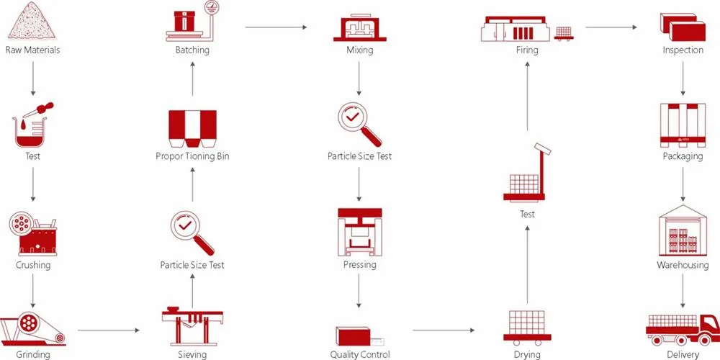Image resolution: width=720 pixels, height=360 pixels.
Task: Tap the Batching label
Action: coord(192,50)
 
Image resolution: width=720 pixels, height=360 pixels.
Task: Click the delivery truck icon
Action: coord(683,327)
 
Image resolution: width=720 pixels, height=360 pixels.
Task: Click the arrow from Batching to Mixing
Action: coord(276,27)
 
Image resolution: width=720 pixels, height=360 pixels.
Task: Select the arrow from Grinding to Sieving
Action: coord(108,330)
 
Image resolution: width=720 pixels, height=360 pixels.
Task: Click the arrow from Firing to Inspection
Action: coord(612,27)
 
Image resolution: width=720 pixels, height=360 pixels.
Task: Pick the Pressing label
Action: coord(360,265)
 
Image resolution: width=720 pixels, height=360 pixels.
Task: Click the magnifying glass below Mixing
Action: coord(359,122)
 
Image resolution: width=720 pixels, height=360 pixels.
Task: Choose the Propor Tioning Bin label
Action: coord(192,156)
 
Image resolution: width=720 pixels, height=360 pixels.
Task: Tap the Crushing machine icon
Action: coord(32,233)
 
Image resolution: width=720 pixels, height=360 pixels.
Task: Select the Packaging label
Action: coord(683,156)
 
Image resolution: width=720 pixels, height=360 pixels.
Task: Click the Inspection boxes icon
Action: coord(683,27)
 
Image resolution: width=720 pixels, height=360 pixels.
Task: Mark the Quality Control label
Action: coord(360,354)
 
